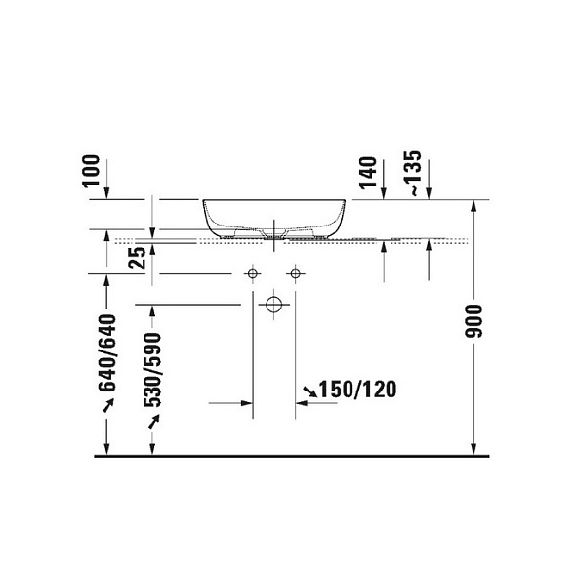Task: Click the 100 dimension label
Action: click(x=91, y=171)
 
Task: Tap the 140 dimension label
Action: click(x=368, y=173)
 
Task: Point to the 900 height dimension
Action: click(x=473, y=321)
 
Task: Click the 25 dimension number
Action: click(x=138, y=258)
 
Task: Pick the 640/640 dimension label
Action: click(x=107, y=353)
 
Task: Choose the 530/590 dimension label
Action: click(x=152, y=370)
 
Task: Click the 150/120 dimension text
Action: click(x=357, y=390)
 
